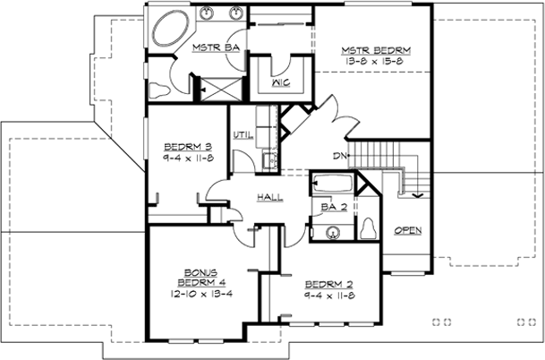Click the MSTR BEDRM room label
[375, 49]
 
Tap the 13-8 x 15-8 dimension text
[375, 61]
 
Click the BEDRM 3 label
[187, 145]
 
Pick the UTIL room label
[241, 136]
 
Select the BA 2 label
[328, 208]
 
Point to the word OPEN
[407, 231]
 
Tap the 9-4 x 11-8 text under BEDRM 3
[187, 157]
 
